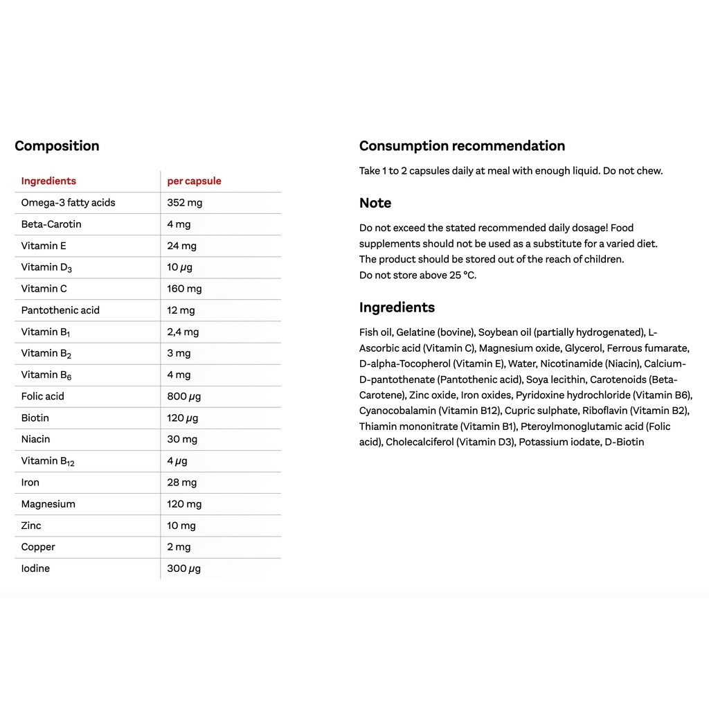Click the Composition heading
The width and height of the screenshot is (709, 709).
point(57,146)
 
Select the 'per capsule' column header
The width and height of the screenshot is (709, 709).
point(194,181)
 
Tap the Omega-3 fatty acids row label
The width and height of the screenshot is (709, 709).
point(68,203)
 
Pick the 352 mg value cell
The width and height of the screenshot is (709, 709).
point(185,203)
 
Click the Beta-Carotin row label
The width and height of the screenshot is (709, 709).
point(51,224)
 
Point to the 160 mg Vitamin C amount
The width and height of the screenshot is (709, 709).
point(184,289)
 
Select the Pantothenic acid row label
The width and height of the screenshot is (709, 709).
point(60,310)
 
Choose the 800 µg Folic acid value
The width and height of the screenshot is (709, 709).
point(184,396)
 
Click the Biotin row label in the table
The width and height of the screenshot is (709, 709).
point(35,418)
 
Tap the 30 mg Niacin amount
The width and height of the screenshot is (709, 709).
point(182,439)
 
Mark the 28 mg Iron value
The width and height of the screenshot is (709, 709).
point(181,483)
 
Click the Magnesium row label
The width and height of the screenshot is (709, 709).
point(48,504)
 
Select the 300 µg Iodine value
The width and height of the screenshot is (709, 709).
point(184,568)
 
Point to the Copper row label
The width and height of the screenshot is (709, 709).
point(38,547)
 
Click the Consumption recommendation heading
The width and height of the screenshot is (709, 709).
point(462,146)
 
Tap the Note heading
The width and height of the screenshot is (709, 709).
point(375,204)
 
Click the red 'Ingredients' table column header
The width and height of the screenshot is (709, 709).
point(48,181)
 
